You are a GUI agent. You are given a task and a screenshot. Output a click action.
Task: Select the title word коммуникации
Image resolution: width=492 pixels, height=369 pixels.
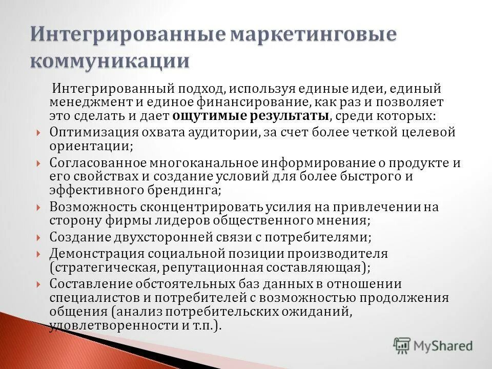(110, 60)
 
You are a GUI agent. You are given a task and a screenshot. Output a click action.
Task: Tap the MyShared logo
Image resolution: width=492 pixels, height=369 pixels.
(433, 345)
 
